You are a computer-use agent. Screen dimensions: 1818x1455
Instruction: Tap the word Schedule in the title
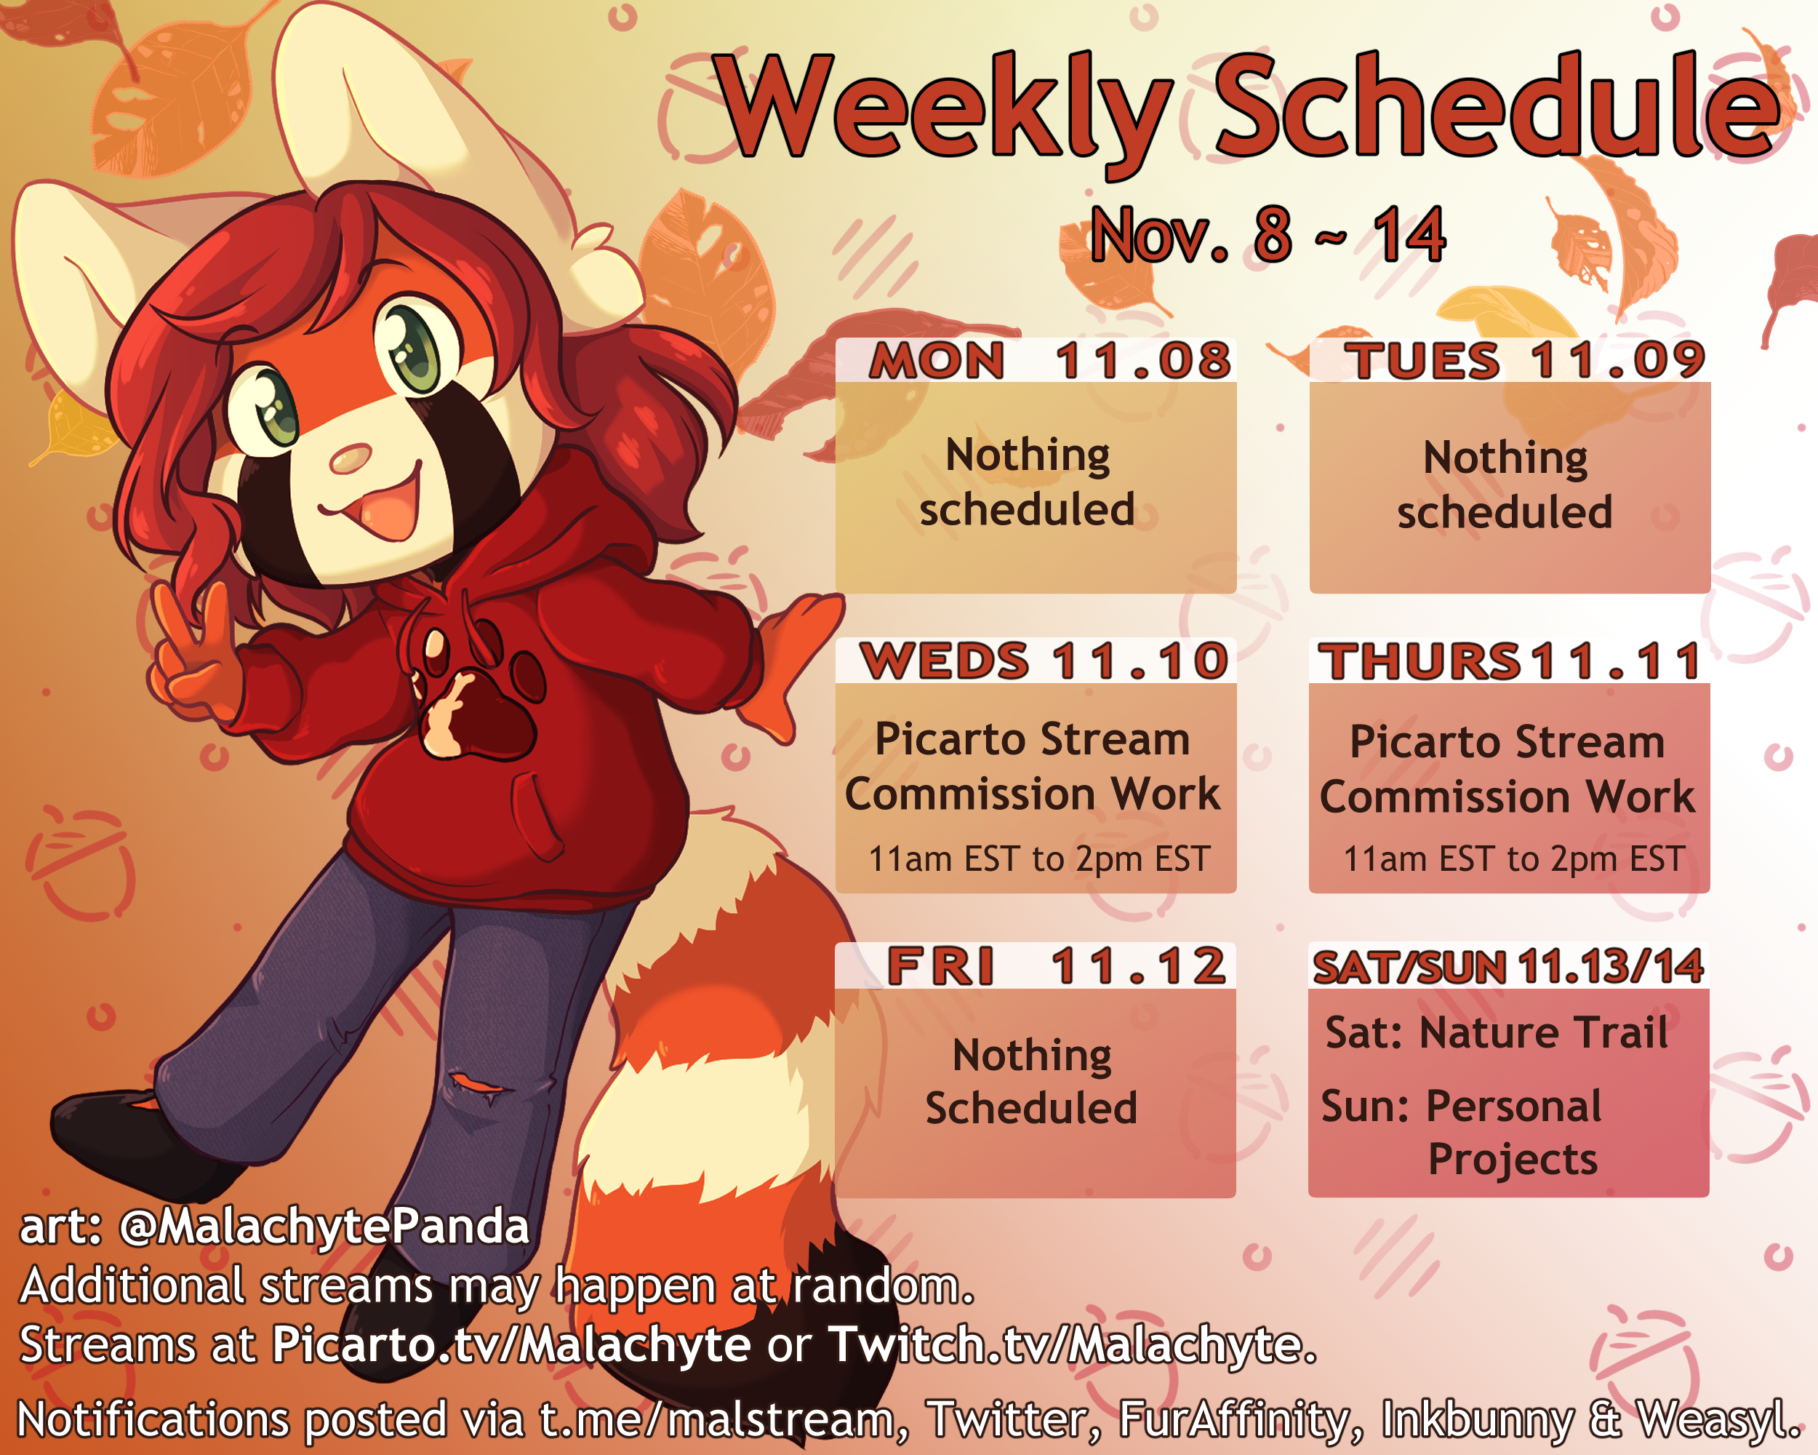[x=1497, y=105]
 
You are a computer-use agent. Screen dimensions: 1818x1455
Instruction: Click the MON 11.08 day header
[x=1051, y=360]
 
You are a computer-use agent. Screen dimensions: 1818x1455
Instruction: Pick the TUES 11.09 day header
[x=1524, y=360]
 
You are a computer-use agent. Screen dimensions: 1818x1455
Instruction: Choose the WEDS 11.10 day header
[x=1044, y=661]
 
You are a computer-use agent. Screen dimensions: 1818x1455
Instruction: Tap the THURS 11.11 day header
[x=1510, y=661]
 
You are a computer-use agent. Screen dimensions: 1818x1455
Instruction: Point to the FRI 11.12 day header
[x=1056, y=966]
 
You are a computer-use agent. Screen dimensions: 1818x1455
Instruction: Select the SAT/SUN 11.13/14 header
[x=1508, y=967]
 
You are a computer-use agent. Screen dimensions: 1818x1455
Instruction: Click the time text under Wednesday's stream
[x=1039, y=858]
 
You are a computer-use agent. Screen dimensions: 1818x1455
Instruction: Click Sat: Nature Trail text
[x=1496, y=1032]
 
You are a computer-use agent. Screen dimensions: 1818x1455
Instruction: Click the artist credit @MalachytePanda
[x=324, y=1227]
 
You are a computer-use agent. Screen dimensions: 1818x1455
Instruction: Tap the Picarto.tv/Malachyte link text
[x=511, y=1344]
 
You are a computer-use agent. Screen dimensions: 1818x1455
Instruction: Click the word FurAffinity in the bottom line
[x=1238, y=1420]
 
